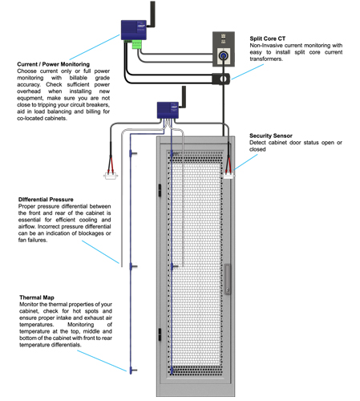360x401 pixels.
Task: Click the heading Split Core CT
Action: pos(268,38)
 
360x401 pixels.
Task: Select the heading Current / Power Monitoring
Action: pos(54,64)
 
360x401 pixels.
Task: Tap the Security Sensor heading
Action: pos(271,136)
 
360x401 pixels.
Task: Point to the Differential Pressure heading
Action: pos(46,200)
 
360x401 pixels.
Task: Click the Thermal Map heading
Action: pos(37,298)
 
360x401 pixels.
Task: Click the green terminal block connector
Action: pos(136,45)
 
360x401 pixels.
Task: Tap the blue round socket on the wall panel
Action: pos(223,56)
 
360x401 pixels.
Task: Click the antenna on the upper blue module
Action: pos(152,14)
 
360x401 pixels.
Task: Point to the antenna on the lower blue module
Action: pos(184,97)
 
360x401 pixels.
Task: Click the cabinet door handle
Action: pos(228,279)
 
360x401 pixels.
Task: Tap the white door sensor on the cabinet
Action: pos(229,176)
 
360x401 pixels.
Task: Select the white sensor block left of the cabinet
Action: pos(111,176)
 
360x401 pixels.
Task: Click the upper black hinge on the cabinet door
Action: pos(160,190)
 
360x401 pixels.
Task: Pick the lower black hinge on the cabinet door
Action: pos(160,334)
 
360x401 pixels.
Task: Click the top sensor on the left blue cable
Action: pos(133,153)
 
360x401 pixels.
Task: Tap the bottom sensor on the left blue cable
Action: pos(133,371)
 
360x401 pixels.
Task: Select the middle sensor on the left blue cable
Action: pos(133,266)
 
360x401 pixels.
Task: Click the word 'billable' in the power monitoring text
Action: pos(79,78)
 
